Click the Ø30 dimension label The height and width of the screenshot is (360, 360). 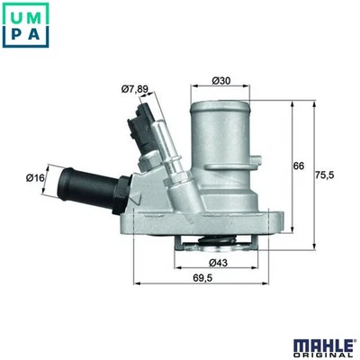[x=221, y=81]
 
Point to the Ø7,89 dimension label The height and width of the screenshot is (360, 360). [x=135, y=88]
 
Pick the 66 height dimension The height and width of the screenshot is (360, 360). [x=299, y=166]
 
